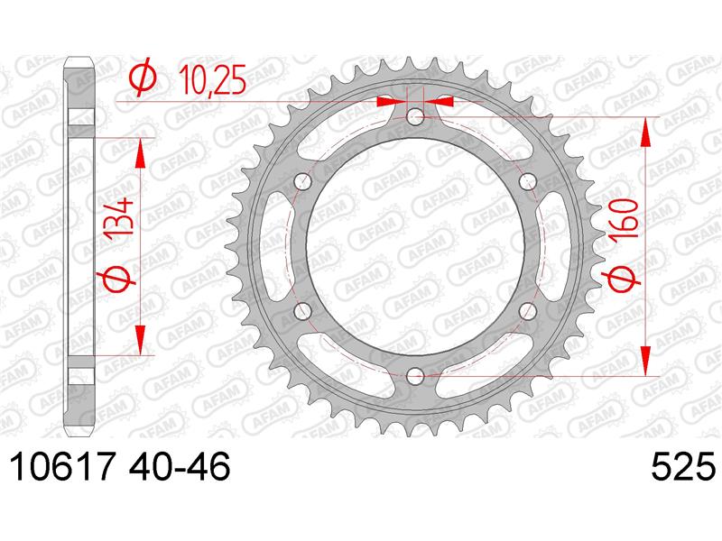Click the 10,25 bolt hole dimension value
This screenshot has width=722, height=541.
click(x=212, y=80)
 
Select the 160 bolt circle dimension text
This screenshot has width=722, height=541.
click(x=625, y=218)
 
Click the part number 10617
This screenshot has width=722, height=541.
click(x=61, y=466)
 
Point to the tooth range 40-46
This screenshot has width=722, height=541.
click(x=180, y=466)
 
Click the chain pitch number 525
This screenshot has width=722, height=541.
click(x=683, y=466)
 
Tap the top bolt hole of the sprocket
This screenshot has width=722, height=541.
click(x=416, y=117)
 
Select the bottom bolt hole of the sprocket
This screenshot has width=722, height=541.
click(x=416, y=376)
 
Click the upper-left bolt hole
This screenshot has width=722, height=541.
click(x=303, y=181)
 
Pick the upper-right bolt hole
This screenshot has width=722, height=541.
click(x=528, y=181)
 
